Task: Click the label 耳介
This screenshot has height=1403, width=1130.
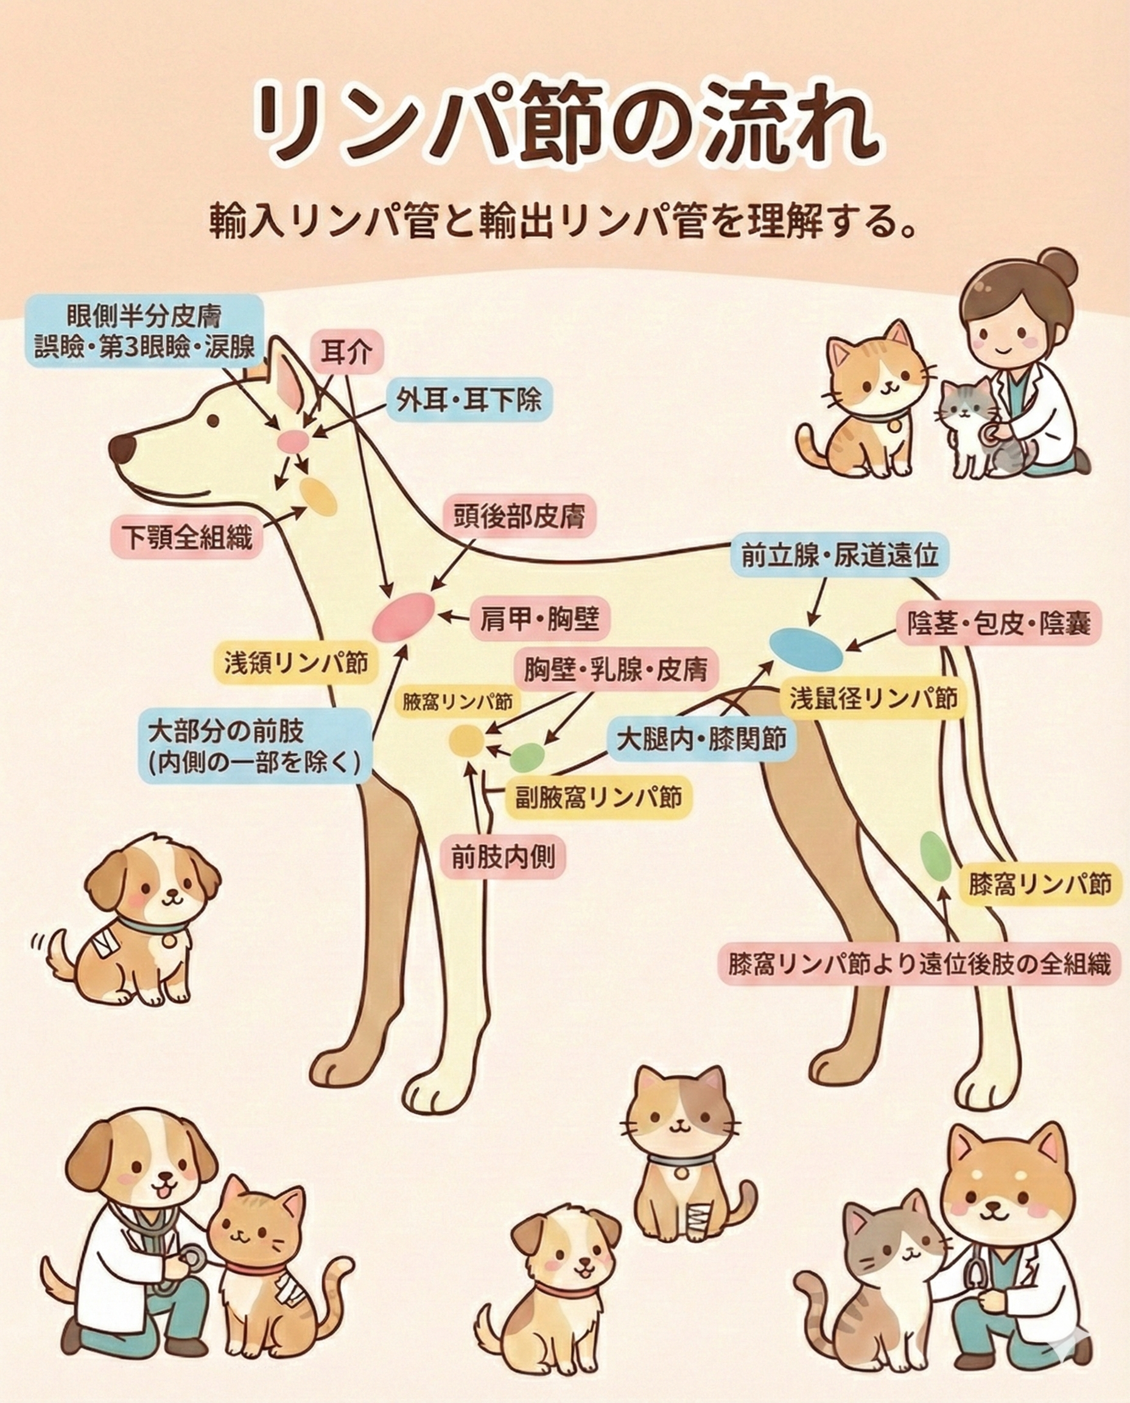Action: pyautogui.click(x=347, y=352)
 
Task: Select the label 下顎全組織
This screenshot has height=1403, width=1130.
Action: pyautogui.click(x=187, y=536)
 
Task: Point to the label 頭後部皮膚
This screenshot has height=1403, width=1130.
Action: pyautogui.click(x=518, y=517)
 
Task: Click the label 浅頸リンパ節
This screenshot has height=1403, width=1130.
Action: pyautogui.click(x=296, y=663)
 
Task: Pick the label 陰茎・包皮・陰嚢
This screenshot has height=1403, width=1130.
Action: pyautogui.click(x=998, y=623)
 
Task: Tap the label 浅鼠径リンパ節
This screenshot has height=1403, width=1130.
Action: pyautogui.click(x=874, y=698)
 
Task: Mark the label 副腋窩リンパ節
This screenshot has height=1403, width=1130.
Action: pyautogui.click(x=598, y=796)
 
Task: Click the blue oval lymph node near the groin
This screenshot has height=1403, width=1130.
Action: pyautogui.click(x=806, y=649)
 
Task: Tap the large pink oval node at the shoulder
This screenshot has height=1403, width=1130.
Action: pyautogui.click(x=403, y=615)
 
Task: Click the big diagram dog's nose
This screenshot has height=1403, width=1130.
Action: pyautogui.click(x=122, y=449)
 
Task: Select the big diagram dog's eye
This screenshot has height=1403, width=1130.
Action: pyautogui.click(x=213, y=421)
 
